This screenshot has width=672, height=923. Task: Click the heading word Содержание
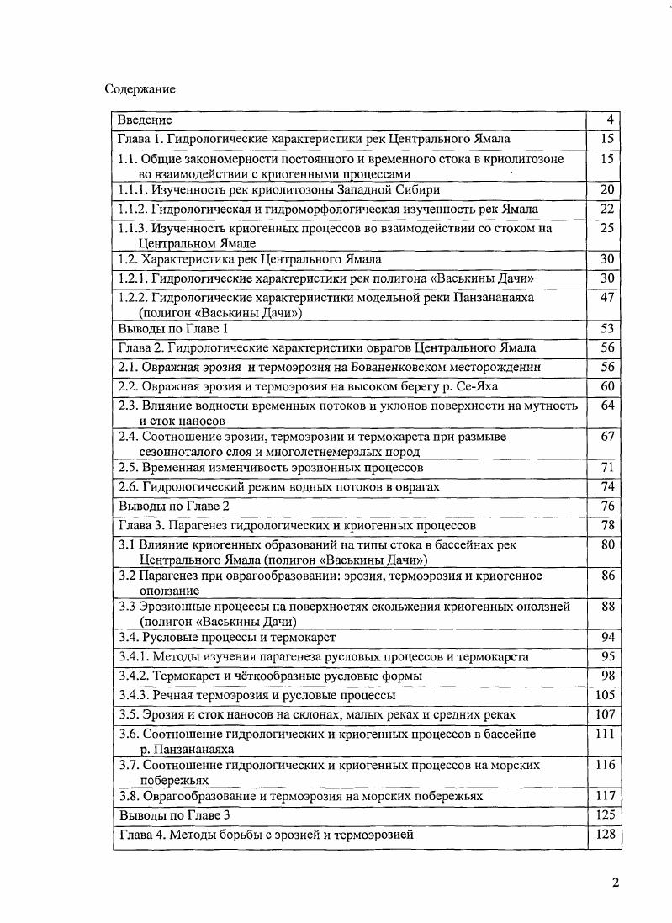tap(140, 88)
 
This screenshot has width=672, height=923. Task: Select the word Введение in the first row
tap(145, 119)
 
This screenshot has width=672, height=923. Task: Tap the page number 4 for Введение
tap(610, 119)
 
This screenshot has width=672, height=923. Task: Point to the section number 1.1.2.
tap(133, 209)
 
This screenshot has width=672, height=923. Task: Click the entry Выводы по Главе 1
tap(172, 328)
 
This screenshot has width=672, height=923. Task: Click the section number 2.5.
tap(128, 467)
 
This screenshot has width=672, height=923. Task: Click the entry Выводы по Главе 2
tap(173, 506)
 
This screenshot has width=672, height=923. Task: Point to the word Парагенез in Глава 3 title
tap(198, 526)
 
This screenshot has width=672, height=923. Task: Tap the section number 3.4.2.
tap(133, 676)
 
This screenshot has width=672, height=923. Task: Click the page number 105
tap(606, 695)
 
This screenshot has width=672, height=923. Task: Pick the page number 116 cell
tap(606, 765)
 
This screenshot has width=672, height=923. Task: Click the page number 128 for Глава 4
tap(606, 834)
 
